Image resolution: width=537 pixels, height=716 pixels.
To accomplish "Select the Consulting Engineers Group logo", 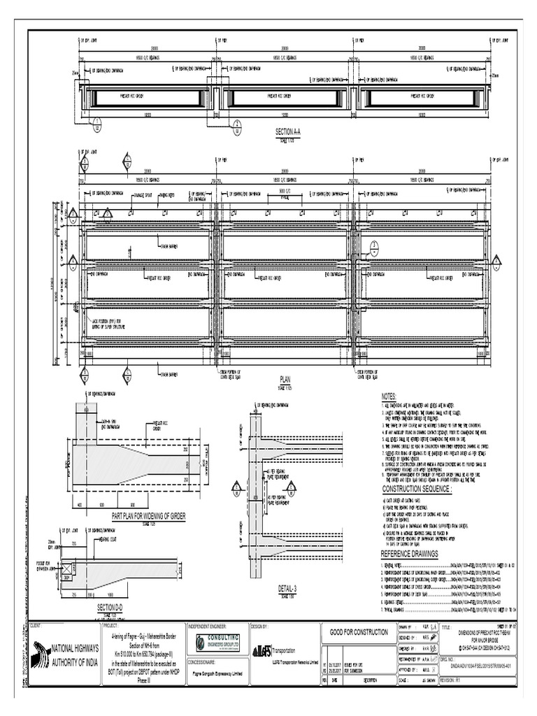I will point(217,643).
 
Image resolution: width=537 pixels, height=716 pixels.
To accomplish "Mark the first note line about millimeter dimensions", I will point(420,406).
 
